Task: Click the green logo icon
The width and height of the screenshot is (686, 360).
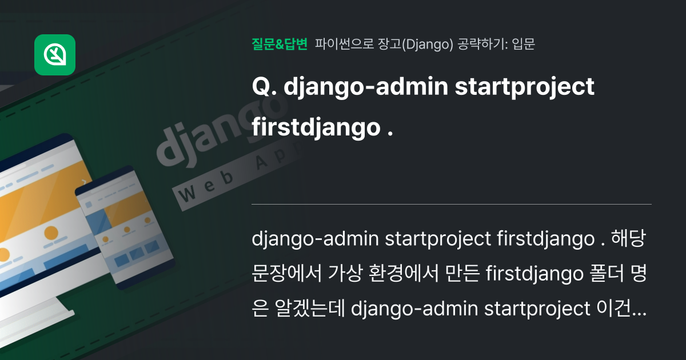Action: click(55, 55)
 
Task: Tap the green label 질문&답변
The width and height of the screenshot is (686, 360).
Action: click(280, 44)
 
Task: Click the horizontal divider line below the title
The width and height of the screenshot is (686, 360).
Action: click(452, 204)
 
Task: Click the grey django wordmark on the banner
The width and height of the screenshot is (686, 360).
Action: click(223, 134)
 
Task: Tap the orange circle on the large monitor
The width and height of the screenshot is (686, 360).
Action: click(51, 233)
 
